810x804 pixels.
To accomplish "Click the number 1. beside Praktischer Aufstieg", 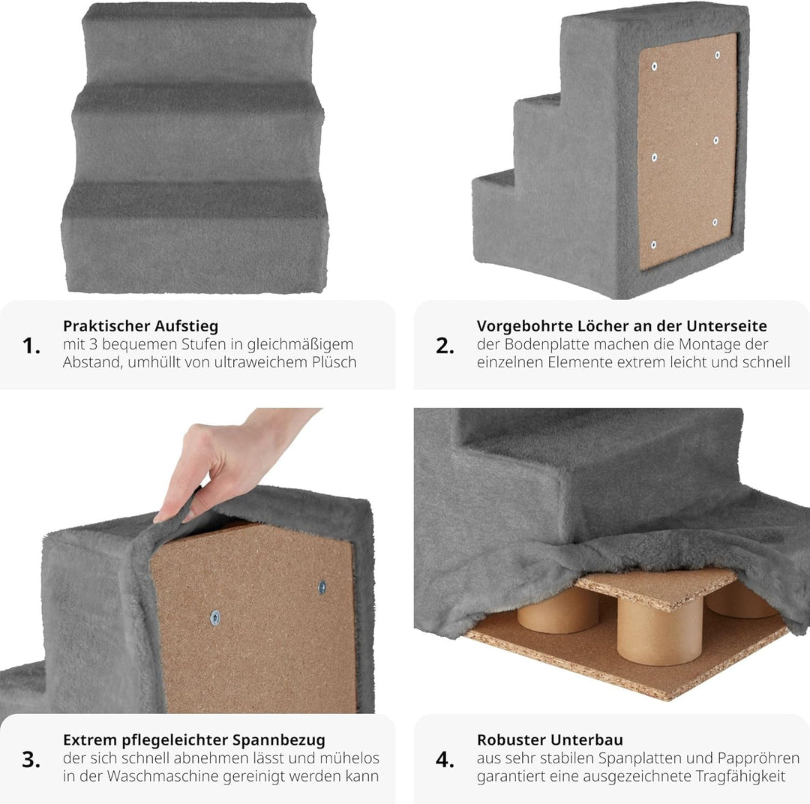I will [x=31, y=346].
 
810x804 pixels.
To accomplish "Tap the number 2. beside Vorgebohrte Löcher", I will [x=445, y=346].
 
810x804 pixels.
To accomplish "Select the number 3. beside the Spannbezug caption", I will [x=31, y=759].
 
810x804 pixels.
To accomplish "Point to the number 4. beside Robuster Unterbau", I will [x=445, y=759].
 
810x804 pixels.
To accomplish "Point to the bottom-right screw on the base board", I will [x=715, y=222].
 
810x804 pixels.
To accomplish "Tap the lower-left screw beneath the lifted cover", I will [x=215, y=618].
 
